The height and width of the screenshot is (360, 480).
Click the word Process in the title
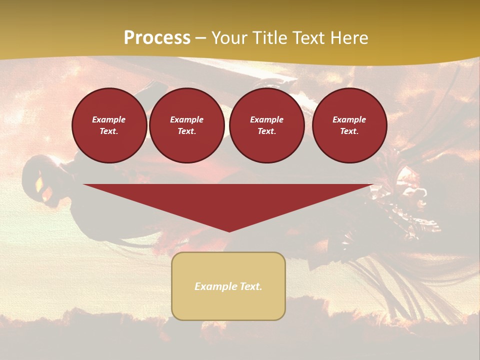point(157,38)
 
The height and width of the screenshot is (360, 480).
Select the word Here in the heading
point(349,38)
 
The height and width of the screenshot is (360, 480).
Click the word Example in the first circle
point(109,119)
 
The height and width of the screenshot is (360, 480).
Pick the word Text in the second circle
point(186,131)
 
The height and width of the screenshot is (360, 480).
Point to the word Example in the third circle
point(266,119)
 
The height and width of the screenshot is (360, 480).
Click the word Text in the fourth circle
point(349,131)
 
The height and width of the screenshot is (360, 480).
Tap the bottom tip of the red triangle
point(229,231)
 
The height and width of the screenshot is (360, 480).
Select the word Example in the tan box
point(213,286)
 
